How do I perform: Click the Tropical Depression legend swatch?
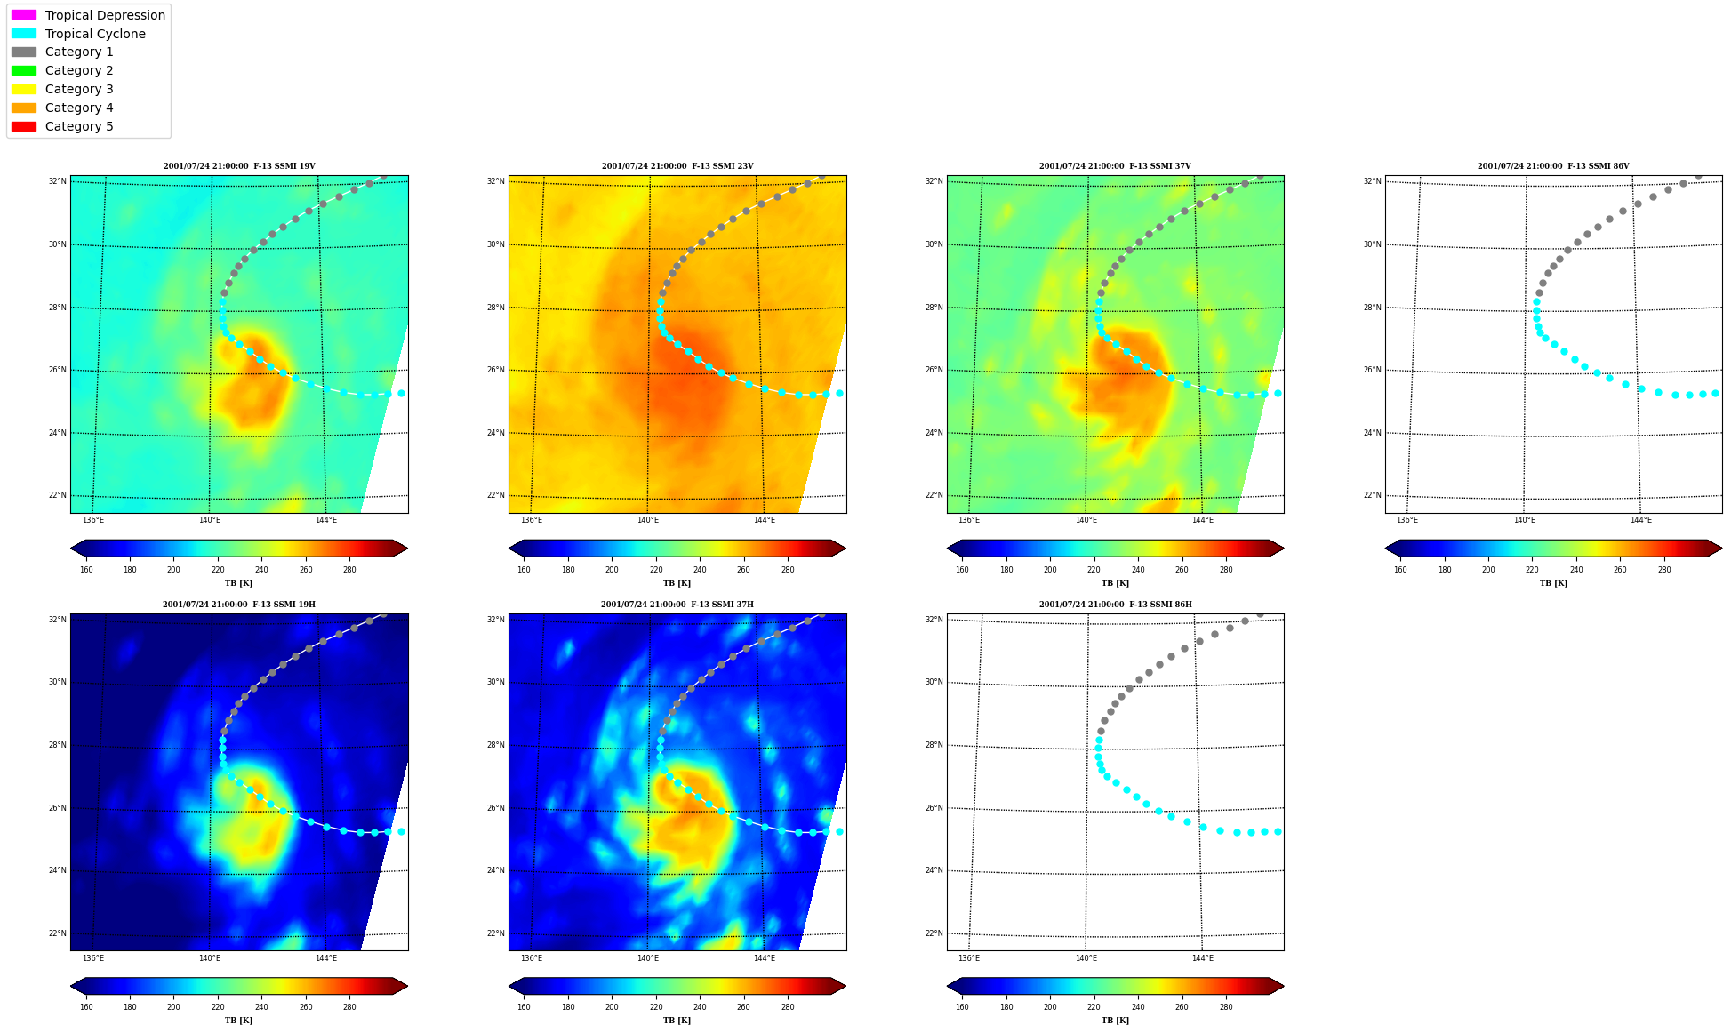tap(24, 15)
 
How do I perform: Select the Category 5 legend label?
tap(79, 126)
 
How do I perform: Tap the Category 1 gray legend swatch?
tap(24, 52)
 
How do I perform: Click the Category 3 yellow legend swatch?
tap(24, 89)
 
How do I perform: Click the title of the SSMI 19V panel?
tap(239, 166)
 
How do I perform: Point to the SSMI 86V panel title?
tap(1553, 166)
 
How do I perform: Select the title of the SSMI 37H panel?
tap(677, 605)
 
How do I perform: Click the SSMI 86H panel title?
tap(1115, 605)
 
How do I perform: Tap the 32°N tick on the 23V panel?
tap(495, 181)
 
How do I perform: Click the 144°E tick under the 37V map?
tap(1202, 520)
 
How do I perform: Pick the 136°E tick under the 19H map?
tap(93, 958)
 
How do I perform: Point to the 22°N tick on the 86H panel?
tap(934, 933)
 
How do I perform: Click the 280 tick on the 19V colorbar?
tap(349, 570)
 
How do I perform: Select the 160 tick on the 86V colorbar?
tap(1400, 570)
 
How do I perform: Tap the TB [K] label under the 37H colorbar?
tap(677, 1021)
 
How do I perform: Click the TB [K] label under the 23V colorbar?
tap(677, 583)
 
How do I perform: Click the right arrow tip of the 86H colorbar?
tap(1284, 986)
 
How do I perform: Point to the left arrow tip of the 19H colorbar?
tap(71, 986)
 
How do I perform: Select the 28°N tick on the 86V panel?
tap(1372, 308)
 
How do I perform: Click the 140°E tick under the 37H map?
tap(648, 958)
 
